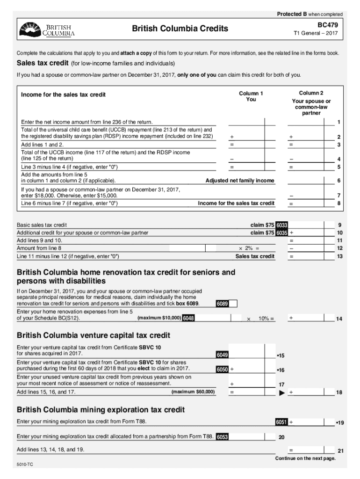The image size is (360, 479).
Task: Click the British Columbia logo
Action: pyautogui.click(x=47, y=29)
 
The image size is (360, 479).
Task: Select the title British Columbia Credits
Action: pyautogui.click(x=180, y=29)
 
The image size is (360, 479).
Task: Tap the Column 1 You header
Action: pyautogui.click(x=251, y=96)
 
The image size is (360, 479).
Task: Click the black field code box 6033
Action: pyautogui.click(x=281, y=225)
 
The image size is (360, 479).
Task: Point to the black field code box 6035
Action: pyautogui.click(x=281, y=233)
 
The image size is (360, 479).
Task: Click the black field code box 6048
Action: pyautogui.click(x=188, y=319)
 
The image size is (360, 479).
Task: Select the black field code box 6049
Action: pyautogui.click(x=222, y=356)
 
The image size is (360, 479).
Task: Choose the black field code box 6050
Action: pyautogui.click(x=222, y=370)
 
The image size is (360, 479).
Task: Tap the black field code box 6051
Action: pyautogui.click(x=281, y=422)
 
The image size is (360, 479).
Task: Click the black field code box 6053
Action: pyautogui.click(x=222, y=437)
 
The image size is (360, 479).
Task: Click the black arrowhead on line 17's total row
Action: pyautogui.click(x=281, y=392)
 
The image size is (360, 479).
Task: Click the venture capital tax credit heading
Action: pyautogui.click(x=94, y=335)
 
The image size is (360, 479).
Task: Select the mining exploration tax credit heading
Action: pyautogui.click(x=101, y=410)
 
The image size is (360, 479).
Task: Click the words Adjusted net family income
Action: pyautogui.click(x=240, y=181)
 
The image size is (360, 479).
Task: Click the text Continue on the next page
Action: pyautogui.click(x=305, y=458)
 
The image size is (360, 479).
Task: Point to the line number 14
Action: pyautogui.click(x=339, y=319)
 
